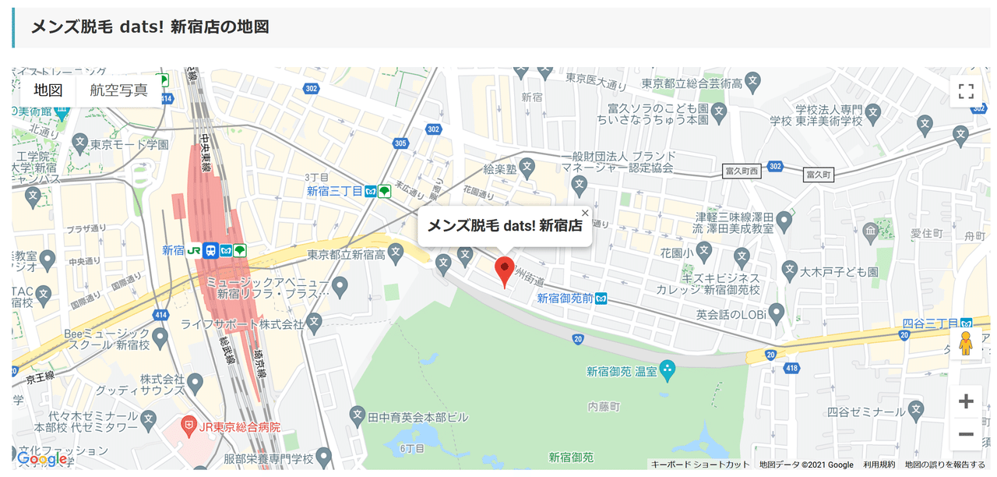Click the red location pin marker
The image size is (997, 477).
[x=505, y=270]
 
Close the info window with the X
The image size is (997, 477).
[x=585, y=212]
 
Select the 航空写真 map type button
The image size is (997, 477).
[x=118, y=90]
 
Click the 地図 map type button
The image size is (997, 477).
[x=48, y=90]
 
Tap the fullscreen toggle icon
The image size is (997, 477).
[x=966, y=91]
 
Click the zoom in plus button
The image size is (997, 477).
[x=966, y=401]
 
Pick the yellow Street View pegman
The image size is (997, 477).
[x=966, y=343]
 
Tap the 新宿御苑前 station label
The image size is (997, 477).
[x=565, y=298]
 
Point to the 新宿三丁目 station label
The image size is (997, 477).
[x=335, y=191]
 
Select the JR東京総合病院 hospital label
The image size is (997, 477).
[x=238, y=427]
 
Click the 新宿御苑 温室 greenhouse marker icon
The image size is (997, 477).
[x=667, y=372]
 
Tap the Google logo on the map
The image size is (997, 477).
[x=43, y=459]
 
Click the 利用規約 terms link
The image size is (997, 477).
[x=879, y=465]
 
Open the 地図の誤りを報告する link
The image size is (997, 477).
[x=945, y=465]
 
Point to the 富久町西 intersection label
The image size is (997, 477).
[x=742, y=171]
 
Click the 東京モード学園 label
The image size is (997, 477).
[x=129, y=144]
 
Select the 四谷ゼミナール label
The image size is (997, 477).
[x=865, y=411]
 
